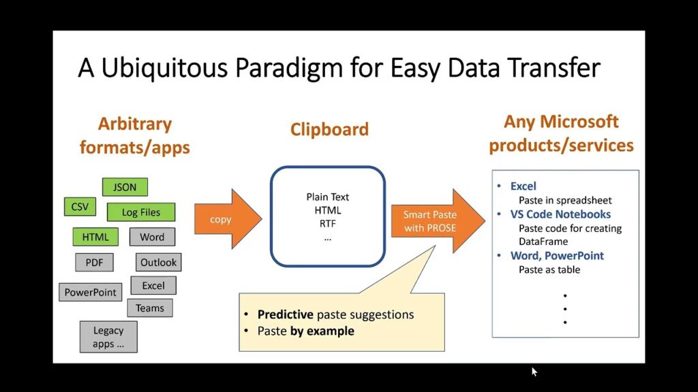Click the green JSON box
click(x=125, y=187)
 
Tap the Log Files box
click(x=140, y=212)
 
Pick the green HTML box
click(x=95, y=237)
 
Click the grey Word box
click(x=152, y=237)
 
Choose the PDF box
click(x=94, y=262)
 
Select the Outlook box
click(x=158, y=262)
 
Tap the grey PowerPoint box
click(x=91, y=292)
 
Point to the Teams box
click(x=150, y=308)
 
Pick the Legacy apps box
click(x=108, y=336)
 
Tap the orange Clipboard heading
click(x=329, y=129)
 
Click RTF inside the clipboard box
click(x=328, y=223)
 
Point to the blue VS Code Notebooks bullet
click(x=560, y=214)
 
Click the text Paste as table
click(x=549, y=269)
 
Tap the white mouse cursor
click(x=534, y=372)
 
